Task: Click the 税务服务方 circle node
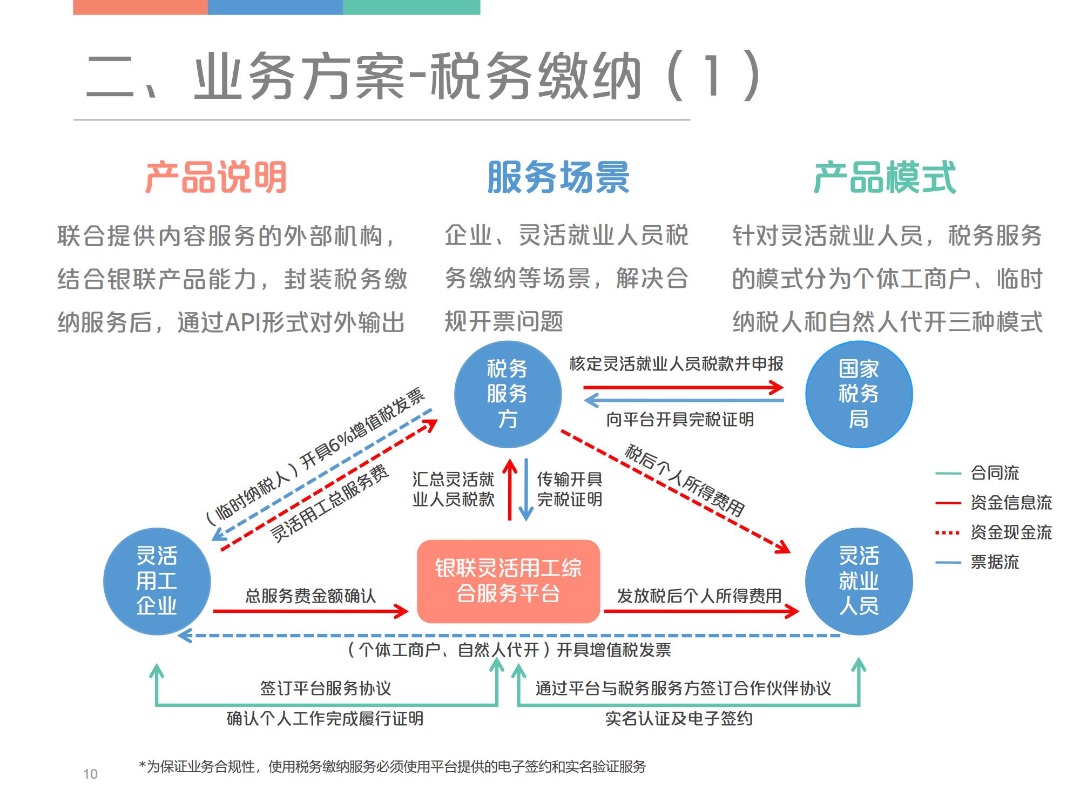click(508, 394)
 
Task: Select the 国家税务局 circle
click(859, 394)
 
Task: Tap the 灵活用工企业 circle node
click(157, 581)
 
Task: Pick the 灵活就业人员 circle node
click(859, 581)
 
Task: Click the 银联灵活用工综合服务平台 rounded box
click(508, 581)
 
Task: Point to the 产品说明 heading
click(216, 177)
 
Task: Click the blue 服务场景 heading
click(558, 177)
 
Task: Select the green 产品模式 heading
click(885, 177)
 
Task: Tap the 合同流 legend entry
click(994, 473)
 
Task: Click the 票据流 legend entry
click(994, 562)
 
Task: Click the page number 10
click(90, 774)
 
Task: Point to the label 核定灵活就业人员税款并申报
click(676, 364)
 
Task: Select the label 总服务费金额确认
click(310, 596)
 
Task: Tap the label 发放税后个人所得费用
click(699, 596)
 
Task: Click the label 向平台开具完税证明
click(679, 419)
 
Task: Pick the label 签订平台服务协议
click(326, 688)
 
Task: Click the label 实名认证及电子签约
click(679, 719)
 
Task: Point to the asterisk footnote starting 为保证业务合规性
click(393, 767)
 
